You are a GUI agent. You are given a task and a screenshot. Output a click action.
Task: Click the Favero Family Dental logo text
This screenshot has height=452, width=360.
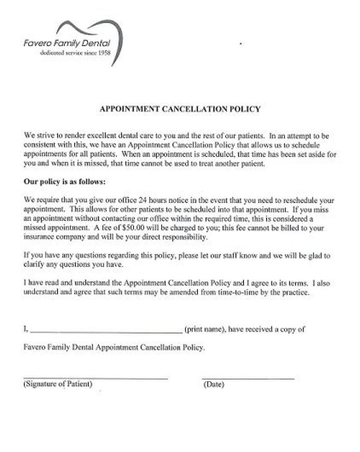pyautogui.click(x=66, y=44)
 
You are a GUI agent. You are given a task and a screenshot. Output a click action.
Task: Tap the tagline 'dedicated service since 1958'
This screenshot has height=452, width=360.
pyautogui.click(x=75, y=53)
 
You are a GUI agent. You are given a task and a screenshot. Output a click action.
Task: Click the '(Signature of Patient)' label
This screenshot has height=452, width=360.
pyautogui.click(x=58, y=384)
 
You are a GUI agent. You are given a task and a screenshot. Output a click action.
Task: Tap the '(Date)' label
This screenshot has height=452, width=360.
pyautogui.click(x=214, y=385)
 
